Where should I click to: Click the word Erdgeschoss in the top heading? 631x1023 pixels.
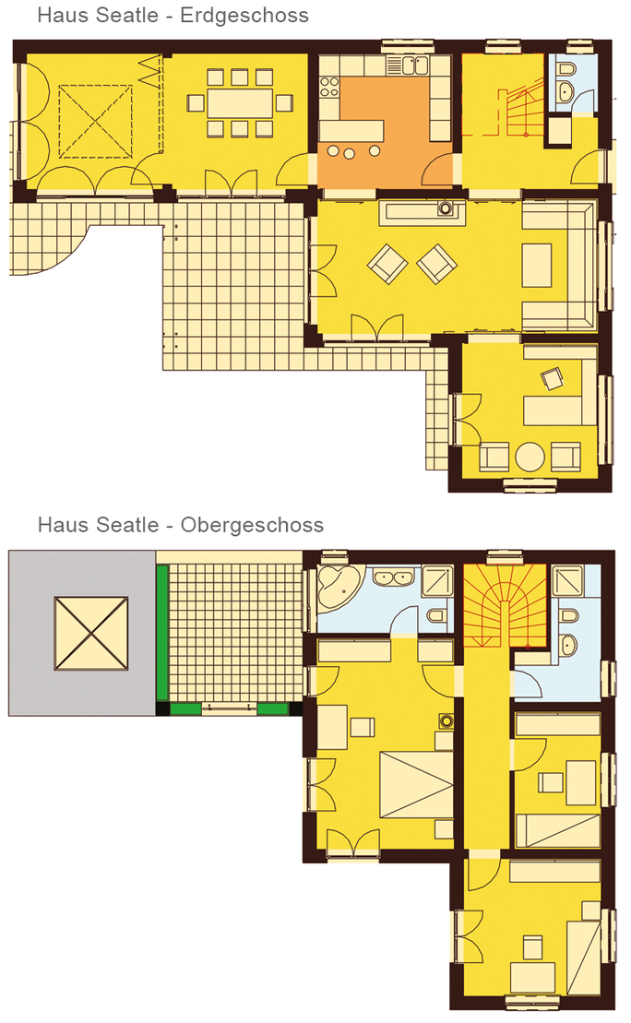coord(244,15)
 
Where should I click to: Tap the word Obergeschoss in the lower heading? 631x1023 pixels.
coord(252,525)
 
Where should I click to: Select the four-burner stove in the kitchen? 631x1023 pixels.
coord(329,88)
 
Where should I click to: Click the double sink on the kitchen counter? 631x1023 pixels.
coord(415,65)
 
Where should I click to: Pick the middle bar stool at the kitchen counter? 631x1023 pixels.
coord(350,153)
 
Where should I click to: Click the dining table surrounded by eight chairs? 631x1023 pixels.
coord(240,103)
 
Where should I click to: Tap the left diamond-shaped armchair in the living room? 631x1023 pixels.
coord(387,264)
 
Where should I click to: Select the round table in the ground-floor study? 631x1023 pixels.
coord(530,457)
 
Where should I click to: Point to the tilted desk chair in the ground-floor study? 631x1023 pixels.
coord(553,378)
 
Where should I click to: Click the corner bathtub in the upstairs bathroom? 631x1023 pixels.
coord(336,589)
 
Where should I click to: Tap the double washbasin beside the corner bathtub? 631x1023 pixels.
coord(393,577)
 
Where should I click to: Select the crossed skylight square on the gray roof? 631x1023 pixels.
coord(90,633)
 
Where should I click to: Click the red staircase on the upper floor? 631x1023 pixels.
coord(505,606)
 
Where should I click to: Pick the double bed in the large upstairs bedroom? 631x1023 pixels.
coord(416,783)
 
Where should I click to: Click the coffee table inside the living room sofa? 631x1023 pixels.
coord(536,265)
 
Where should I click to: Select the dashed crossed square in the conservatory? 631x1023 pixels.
coord(95,122)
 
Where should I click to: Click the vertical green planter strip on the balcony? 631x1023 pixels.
coord(162,633)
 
